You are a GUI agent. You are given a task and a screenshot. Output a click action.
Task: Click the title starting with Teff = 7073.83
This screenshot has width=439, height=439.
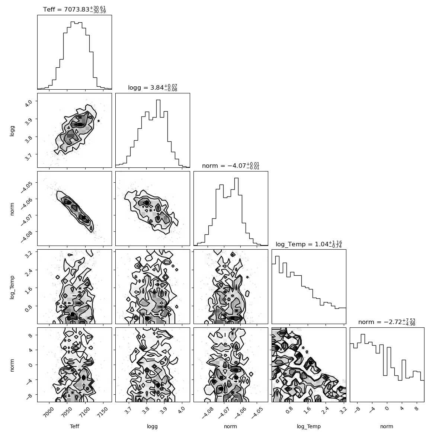(74, 9)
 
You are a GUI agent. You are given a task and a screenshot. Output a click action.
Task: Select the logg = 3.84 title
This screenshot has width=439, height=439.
(153, 87)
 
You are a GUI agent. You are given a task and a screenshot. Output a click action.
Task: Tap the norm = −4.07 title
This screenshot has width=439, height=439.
(231, 166)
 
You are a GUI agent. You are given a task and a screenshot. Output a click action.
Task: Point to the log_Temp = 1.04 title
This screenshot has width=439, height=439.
(309, 244)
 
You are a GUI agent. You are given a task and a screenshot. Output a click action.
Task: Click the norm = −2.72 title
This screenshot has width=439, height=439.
(387, 322)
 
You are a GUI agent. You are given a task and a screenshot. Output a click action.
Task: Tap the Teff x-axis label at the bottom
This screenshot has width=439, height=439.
(74, 426)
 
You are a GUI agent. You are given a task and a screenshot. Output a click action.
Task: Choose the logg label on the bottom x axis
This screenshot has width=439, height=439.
(152, 427)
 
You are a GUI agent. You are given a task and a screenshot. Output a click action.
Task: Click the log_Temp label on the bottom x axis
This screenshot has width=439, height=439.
(309, 427)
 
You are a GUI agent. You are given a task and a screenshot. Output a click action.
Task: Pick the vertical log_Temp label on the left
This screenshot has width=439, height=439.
(12, 287)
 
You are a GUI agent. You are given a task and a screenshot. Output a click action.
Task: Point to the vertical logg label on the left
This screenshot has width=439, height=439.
(12, 131)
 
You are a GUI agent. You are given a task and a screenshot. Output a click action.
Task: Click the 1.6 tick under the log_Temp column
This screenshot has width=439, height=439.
(307, 411)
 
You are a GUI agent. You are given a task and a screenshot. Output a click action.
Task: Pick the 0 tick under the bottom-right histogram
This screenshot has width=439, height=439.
(387, 408)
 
